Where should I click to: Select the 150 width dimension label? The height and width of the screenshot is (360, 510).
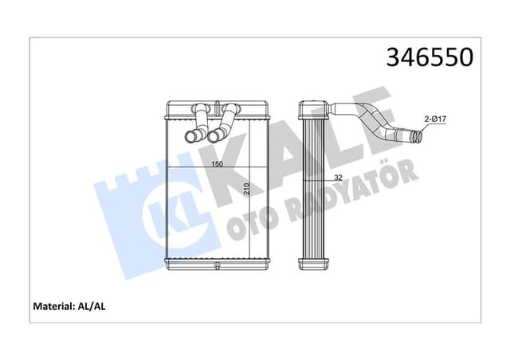click(x=216, y=165)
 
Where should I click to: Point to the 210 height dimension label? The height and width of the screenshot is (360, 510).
click(x=248, y=189)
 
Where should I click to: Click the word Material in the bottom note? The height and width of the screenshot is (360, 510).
click(x=58, y=305)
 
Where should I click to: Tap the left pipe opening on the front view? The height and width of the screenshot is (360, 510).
click(x=190, y=138)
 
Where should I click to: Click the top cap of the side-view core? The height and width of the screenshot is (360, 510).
click(x=312, y=106)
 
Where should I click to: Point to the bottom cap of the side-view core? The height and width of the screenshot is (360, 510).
click(x=312, y=263)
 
